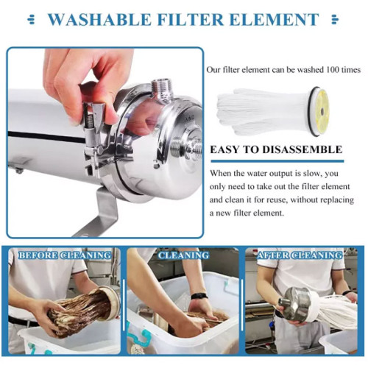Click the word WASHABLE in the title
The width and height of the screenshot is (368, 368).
click(x=99, y=20)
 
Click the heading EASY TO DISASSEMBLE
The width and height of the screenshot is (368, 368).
click(x=276, y=149)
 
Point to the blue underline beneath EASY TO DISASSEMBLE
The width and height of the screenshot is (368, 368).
click(x=277, y=161)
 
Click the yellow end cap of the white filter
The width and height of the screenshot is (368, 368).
click(x=321, y=111)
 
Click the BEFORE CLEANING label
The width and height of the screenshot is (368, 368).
click(x=65, y=255)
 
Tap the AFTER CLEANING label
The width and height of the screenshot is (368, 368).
click(x=300, y=255)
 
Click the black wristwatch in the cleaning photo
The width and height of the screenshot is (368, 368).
click(x=199, y=296)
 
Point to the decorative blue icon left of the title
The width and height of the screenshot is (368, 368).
click(x=31, y=20)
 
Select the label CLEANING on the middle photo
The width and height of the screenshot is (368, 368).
click(x=183, y=255)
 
